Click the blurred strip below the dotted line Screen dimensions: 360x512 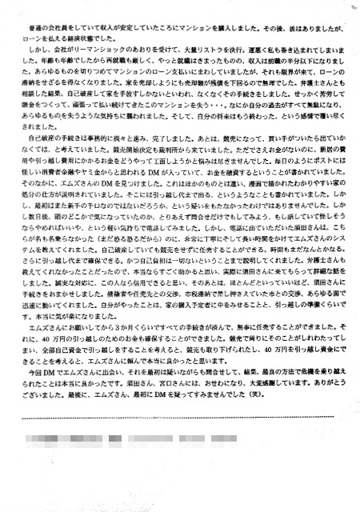click(x=152, y=438)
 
